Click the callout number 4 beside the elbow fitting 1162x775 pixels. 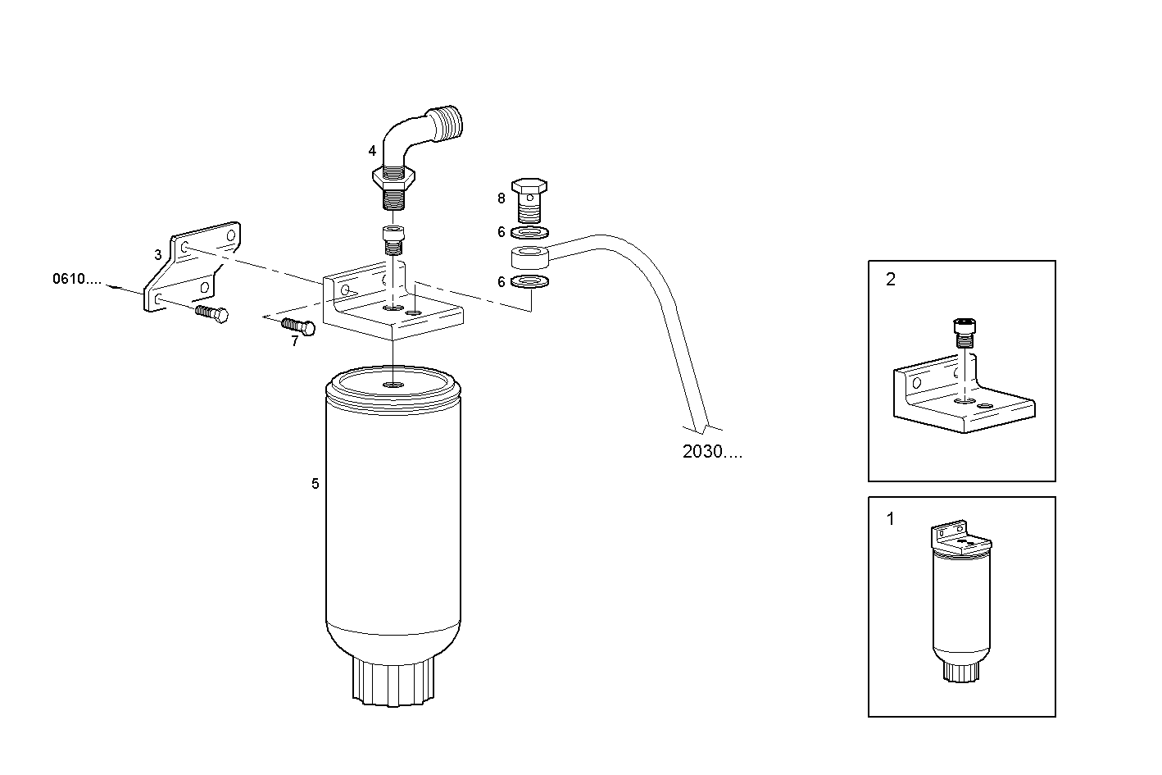click(372, 151)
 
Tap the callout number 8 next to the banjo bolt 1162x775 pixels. click(502, 198)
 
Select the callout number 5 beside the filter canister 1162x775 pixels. click(315, 484)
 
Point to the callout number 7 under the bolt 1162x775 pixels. click(295, 341)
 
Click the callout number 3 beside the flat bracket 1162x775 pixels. click(158, 255)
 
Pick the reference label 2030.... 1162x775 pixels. click(712, 451)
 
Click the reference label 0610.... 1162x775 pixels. click(77, 279)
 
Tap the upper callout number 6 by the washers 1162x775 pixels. click(502, 232)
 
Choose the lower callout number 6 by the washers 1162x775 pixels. click(502, 282)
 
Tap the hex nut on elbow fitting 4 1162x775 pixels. click(394, 175)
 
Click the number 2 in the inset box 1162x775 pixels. click(891, 279)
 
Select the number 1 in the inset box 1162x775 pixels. click(891, 518)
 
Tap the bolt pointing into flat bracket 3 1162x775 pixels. click(211, 312)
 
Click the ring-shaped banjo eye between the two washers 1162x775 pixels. click(529, 258)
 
